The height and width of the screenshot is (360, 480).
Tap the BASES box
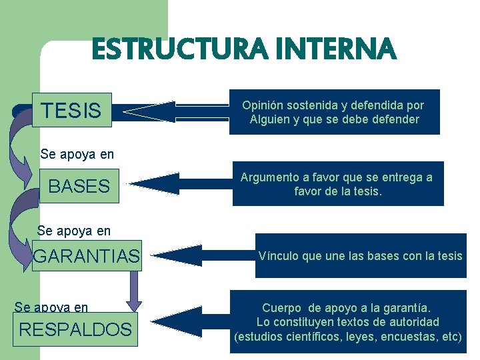click(79, 186)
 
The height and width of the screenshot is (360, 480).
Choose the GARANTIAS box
click(87, 255)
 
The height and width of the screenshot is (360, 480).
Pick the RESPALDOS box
click(75, 329)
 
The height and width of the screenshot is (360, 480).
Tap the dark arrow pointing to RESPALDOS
click(180, 323)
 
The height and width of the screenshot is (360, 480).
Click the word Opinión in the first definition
click(263, 105)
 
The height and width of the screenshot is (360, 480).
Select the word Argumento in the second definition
click(266, 177)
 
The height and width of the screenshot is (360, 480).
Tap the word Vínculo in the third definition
click(279, 255)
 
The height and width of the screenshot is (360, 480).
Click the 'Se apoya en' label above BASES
click(77, 154)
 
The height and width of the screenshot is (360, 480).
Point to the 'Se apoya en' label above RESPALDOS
click(51, 307)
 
